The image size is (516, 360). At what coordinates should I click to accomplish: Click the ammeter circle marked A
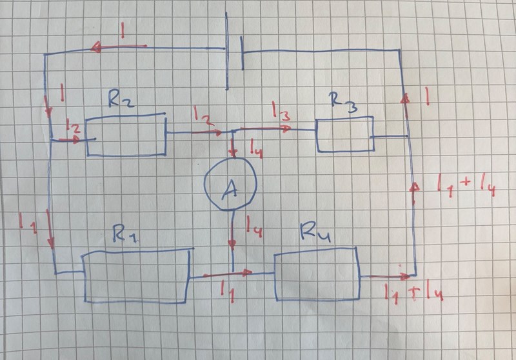(231, 185)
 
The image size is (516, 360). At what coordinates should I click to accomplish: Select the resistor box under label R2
(126, 135)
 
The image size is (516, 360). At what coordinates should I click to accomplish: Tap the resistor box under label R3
(344, 134)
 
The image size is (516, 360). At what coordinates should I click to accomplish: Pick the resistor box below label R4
(317, 276)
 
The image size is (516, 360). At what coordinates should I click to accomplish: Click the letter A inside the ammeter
(229, 188)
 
